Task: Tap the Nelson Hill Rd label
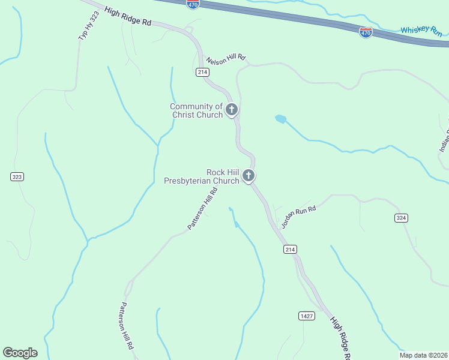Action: (x=226, y=59)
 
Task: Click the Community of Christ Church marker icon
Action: (x=232, y=110)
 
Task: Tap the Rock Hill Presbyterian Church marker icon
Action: (x=249, y=176)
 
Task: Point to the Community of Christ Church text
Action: (x=196, y=110)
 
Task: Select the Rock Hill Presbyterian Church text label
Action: (x=202, y=176)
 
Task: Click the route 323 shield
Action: (x=17, y=176)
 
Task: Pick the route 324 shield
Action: (x=402, y=217)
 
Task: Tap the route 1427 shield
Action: (x=306, y=316)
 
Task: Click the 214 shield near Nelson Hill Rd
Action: (x=202, y=72)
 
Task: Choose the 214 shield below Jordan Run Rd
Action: (x=291, y=249)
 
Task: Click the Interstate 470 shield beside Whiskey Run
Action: (x=366, y=32)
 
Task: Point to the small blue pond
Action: (x=280, y=119)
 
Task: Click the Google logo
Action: (x=20, y=352)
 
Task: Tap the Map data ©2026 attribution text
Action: (x=424, y=355)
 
